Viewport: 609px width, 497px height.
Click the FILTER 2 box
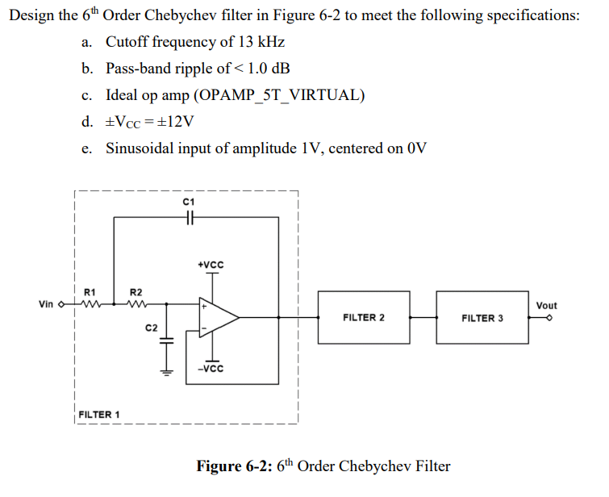point(363,318)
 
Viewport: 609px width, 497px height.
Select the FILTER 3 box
point(482,318)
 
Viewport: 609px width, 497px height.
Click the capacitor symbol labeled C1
point(188,217)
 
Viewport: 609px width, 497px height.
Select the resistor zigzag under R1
point(90,305)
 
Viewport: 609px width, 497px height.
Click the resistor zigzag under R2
point(136,305)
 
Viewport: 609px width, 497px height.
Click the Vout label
point(546,306)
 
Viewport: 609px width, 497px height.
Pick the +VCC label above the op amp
point(211,265)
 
